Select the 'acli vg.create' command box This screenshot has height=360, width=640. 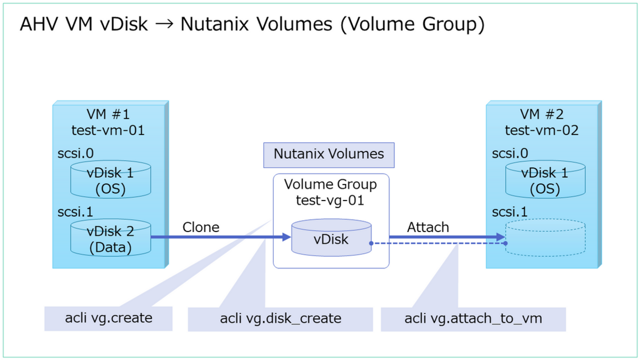(x=108, y=318)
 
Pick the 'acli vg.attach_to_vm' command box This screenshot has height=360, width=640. (x=473, y=318)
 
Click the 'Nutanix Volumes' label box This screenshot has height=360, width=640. (x=328, y=154)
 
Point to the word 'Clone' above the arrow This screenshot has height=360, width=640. (x=201, y=228)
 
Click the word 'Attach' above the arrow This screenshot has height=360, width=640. (x=428, y=228)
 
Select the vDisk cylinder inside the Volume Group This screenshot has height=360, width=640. (x=331, y=239)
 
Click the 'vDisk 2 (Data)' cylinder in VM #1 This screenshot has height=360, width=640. (x=110, y=239)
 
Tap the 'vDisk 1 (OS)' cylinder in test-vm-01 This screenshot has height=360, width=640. (x=110, y=181)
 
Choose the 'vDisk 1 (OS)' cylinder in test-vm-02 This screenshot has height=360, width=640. (x=544, y=181)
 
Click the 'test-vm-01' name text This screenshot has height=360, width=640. (x=108, y=131)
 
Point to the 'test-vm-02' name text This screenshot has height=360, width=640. (x=542, y=131)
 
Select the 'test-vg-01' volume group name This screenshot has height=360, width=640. (x=330, y=200)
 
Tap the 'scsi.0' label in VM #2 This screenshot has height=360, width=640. (x=510, y=153)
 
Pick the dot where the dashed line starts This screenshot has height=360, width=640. (x=370, y=243)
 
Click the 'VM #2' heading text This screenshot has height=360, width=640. (x=542, y=115)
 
